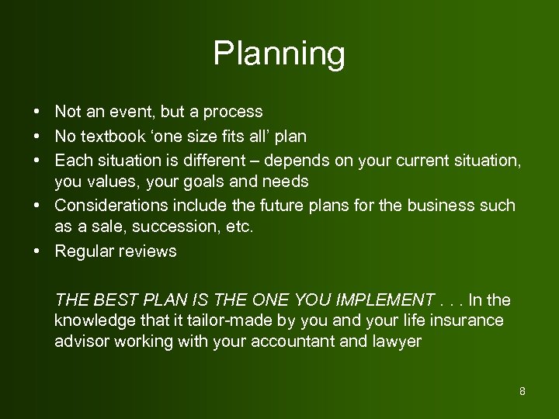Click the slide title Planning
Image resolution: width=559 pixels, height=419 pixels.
coord(279,54)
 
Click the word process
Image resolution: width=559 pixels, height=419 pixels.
coord(234,113)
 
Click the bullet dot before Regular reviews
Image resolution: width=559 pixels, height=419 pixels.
coord(37,251)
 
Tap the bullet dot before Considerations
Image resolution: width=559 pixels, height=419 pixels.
coord(37,206)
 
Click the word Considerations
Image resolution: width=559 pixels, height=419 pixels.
coord(103,206)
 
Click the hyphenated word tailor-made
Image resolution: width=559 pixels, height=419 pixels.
coord(201,320)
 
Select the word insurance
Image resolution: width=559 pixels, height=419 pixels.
coord(470,320)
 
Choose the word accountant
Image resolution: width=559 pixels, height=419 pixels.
coord(293,341)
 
